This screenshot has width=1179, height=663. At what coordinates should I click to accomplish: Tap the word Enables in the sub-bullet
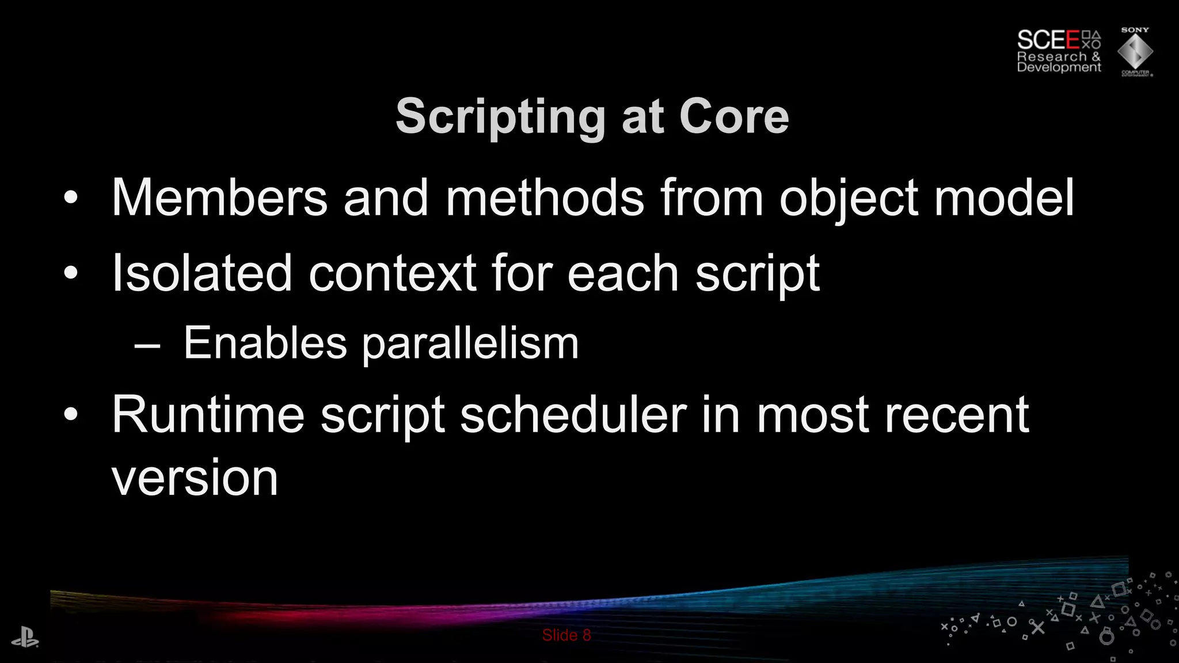[x=265, y=343]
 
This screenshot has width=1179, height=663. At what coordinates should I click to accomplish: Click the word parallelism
[x=470, y=344]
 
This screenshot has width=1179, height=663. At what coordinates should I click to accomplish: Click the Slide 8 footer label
[x=566, y=635]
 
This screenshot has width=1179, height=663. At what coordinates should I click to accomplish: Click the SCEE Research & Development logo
[x=1058, y=51]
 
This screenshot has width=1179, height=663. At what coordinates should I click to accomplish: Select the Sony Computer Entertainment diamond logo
[x=1135, y=52]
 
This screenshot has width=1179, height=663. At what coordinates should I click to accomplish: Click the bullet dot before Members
[x=70, y=199]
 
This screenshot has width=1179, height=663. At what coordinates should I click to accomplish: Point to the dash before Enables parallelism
[x=147, y=345]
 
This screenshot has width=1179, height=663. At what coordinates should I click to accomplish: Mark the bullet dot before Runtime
[x=70, y=415]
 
